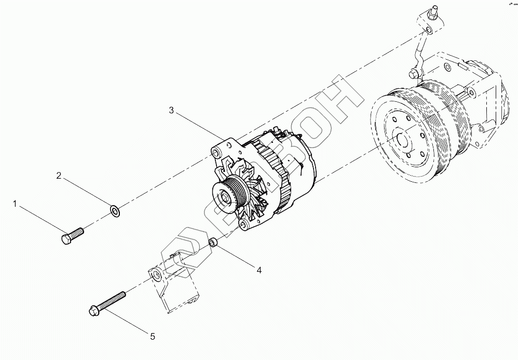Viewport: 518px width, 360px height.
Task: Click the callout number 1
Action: [16, 205]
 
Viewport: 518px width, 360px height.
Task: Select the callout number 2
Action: [59, 176]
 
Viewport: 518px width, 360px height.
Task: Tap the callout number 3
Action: [172, 110]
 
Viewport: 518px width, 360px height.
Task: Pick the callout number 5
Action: [153, 337]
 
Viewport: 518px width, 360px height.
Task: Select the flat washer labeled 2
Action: [115, 211]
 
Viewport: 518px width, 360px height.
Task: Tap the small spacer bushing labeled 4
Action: [213, 243]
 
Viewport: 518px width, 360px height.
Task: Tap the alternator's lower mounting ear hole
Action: [243, 224]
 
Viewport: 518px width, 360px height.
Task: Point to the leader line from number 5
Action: [130, 319]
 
